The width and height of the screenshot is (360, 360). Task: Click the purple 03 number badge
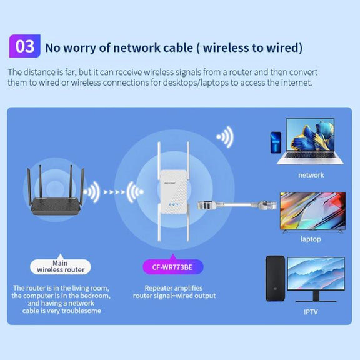pos(25,46)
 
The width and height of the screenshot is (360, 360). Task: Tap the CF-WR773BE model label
pos(173,267)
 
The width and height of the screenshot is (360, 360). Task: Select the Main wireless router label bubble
pos(61,266)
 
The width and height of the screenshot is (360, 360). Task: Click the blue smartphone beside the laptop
pos(276,142)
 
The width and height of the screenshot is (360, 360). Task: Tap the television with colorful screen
pos(312,212)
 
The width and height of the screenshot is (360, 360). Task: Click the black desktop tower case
pos(275,278)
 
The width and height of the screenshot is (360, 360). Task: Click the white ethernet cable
pos(237,205)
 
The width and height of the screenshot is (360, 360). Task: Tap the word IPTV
pos(311,312)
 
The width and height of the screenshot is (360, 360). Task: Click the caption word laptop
pos(311,239)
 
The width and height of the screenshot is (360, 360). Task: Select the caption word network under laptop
pos(311,175)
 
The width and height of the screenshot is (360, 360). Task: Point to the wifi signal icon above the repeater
pos(225,137)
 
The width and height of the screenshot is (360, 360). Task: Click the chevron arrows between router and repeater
pos(114,192)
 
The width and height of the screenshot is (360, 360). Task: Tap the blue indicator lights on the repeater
pos(173,204)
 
